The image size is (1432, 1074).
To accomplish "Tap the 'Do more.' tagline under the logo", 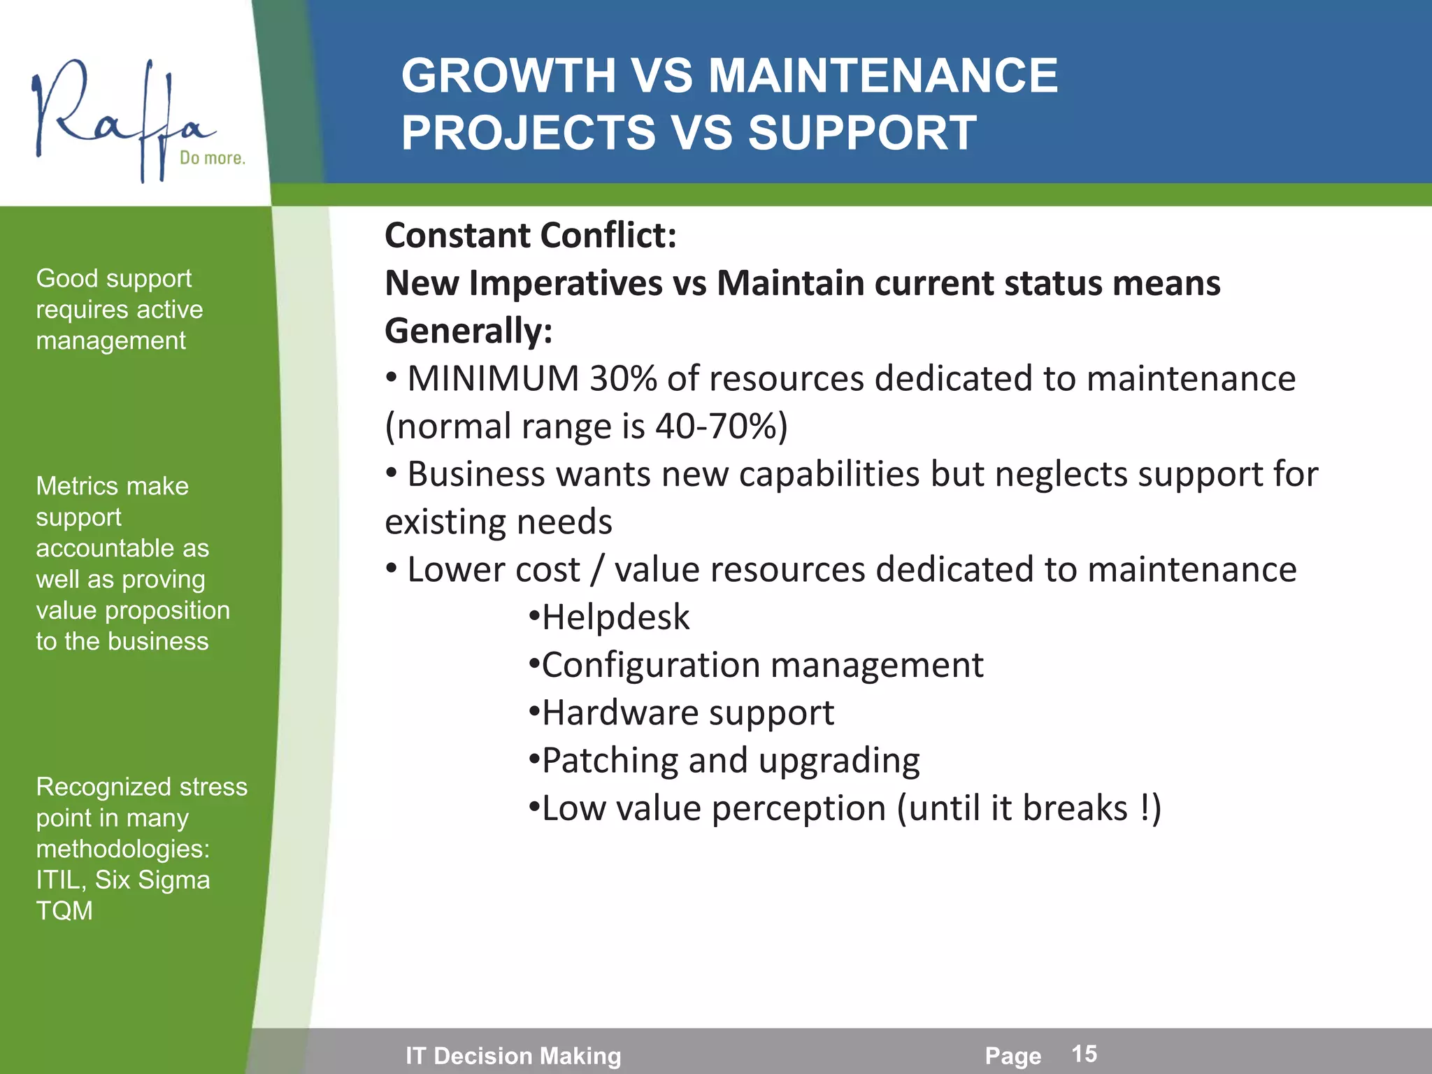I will pos(213,158).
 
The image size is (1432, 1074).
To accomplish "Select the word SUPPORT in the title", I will pos(862,133).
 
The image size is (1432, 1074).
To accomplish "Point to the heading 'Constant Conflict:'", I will pos(530,236).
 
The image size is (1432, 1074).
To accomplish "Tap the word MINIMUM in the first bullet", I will pos(493,379).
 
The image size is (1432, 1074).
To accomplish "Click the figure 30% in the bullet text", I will pos(623,379).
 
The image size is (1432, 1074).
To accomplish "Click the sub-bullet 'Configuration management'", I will pos(762,666).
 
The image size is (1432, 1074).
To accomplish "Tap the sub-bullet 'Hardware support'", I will pos(687,713).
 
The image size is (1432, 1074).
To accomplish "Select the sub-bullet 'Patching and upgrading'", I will pos(731,761).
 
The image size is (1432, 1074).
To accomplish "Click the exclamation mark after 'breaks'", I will pos(1144,808).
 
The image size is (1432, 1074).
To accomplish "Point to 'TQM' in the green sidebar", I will pos(64,911).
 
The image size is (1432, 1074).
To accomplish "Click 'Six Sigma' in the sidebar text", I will pos(152,880).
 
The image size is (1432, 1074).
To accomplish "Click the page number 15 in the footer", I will pos(1084,1054).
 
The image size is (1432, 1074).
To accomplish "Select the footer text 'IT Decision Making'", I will pos(513,1056).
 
